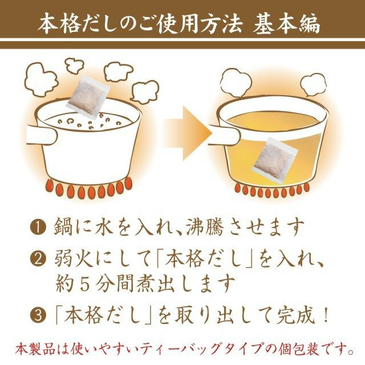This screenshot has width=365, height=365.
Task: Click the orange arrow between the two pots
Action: coord(188,133)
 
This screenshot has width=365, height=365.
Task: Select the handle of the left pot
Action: coord(42,135)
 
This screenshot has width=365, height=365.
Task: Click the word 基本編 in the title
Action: coord(286,25)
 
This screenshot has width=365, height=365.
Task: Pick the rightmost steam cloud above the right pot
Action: coord(313,84)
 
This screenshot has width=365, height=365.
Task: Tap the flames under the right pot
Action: coord(273,189)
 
